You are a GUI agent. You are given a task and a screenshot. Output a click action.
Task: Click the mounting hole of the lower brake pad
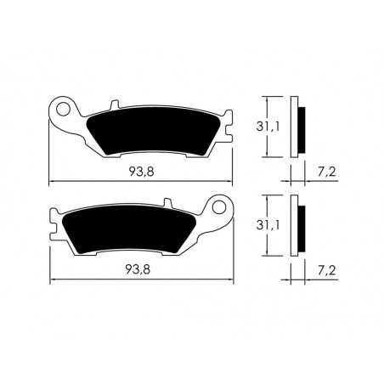[x=221, y=206]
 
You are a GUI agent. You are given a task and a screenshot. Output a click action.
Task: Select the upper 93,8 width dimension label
[x=141, y=172]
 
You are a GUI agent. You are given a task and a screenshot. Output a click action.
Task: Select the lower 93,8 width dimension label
[x=141, y=269]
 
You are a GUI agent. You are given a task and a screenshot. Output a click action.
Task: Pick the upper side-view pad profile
[x=296, y=127]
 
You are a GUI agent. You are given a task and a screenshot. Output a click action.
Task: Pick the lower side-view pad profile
[x=296, y=226]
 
